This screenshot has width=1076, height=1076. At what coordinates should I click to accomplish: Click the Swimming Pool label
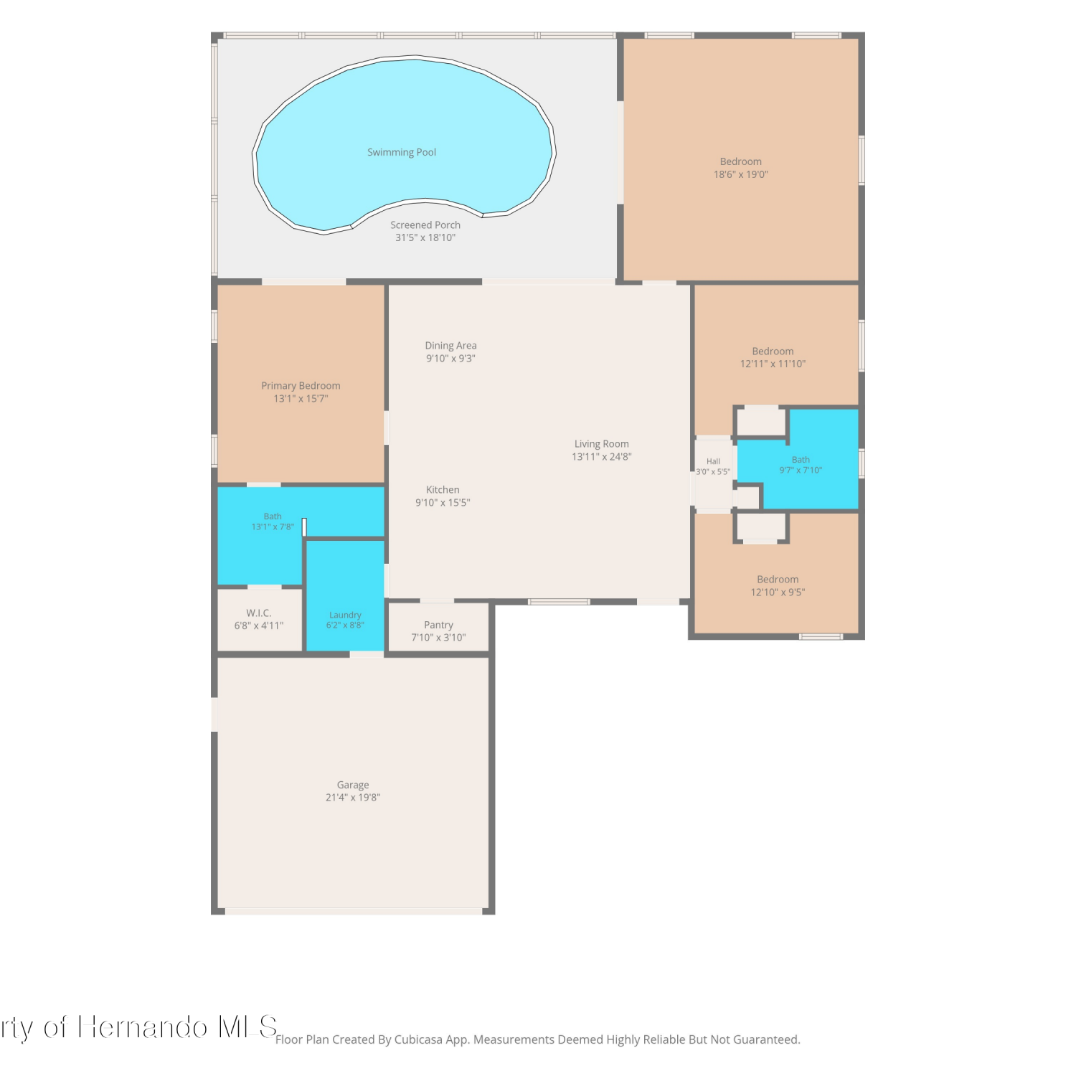point(402,152)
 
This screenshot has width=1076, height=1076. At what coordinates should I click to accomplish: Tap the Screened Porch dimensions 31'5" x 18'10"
point(425,237)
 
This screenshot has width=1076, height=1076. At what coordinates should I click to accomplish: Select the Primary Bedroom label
point(301,386)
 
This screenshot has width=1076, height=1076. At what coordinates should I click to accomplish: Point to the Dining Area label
point(450,346)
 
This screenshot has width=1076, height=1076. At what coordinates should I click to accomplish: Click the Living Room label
point(601,444)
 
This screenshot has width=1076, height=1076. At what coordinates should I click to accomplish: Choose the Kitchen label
point(443,490)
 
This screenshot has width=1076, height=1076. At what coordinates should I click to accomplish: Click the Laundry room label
point(345,615)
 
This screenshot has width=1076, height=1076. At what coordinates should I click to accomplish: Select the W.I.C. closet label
point(259,613)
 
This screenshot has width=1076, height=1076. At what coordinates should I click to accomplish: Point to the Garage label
point(353,785)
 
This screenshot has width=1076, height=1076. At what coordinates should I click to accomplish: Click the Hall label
point(713,461)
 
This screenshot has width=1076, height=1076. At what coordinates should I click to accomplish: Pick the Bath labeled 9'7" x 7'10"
point(801,465)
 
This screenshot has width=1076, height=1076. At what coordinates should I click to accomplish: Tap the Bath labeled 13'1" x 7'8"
point(273,522)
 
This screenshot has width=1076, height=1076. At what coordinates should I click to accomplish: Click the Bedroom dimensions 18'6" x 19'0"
point(741,174)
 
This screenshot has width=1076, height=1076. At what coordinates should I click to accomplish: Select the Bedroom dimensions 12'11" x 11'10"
point(773,364)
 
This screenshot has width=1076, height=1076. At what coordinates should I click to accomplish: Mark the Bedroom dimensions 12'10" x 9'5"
point(778,593)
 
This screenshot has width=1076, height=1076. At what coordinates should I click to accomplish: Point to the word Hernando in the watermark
point(143,1027)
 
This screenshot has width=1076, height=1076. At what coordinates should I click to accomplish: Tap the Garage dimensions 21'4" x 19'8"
point(353,798)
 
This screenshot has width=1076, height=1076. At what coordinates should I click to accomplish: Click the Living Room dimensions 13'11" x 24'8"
point(602,457)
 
